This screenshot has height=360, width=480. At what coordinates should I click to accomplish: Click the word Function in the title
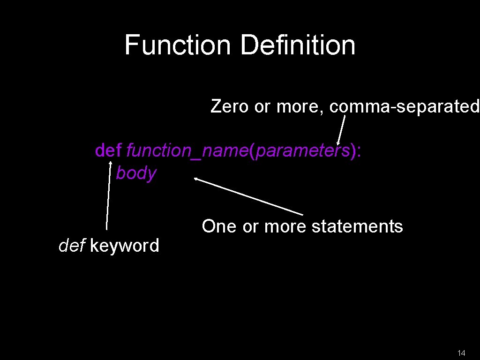pos(178,45)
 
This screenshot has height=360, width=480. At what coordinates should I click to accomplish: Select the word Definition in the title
pos(298,45)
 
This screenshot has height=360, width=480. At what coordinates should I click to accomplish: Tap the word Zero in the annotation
pos(230,106)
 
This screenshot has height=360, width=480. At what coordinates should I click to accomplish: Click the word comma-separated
pos(405,107)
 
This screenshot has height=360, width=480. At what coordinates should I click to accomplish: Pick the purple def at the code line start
pos(108,150)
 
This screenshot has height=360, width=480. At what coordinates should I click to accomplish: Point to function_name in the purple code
pos(187,151)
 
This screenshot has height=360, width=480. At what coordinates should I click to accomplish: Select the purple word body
pos(136,173)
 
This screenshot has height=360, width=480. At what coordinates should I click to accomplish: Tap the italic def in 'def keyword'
pos(72,245)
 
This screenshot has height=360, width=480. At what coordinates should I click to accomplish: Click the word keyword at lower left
pos(124,245)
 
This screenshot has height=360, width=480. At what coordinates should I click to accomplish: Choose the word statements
pos(357,226)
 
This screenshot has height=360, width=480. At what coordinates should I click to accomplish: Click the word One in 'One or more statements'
pos(219,226)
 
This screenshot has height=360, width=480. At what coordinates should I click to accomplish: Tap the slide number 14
pos(461,353)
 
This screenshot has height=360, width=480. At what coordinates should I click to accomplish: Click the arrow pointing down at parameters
pos(342,131)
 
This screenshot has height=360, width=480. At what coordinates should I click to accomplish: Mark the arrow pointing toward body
pos(248,196)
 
